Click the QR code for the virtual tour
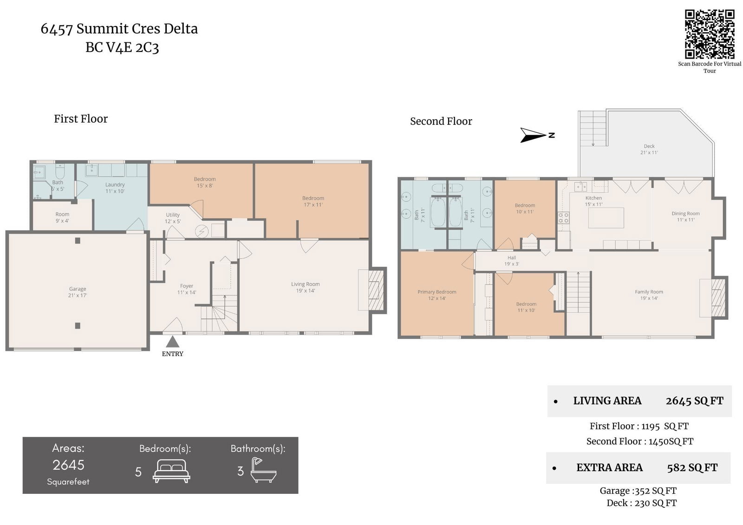[x=710, y=34]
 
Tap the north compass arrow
[x=534, y=135]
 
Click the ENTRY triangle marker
[x=172, y=342]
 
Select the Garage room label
[x=78, y=292]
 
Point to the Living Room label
[x=306, y=287]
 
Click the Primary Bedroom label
[x=437, y=295]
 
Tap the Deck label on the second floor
[x=649, y=149]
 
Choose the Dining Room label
[x=685, y=217]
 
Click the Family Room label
[x=649, y=295]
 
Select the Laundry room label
[x=115, y=188]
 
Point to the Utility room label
[x=173, y=218]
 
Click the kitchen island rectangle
[x=606, y=218]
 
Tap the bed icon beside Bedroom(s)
[x=171, y=471]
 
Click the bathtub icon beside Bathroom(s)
[x=263, y=470]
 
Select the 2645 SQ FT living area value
[x=695, y=401]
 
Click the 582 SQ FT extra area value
[x=692, y=467]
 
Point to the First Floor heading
[x=81, y=119]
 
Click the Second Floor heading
[x=441, y=121]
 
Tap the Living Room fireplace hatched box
[x=376, y=290]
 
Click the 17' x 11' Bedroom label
[x=313, y=201]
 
